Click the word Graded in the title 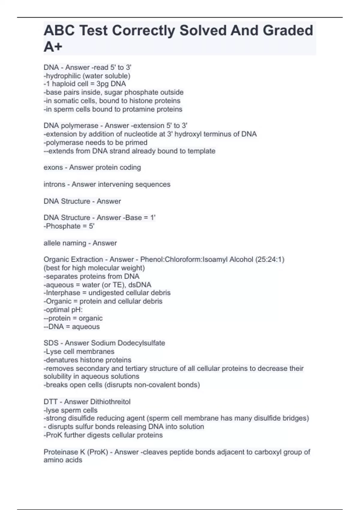288,31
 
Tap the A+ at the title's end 53,47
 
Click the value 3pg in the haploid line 103,84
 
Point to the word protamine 134,109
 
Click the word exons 53,167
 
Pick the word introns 54,184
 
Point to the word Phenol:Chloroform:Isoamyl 184,259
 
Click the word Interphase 63,293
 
